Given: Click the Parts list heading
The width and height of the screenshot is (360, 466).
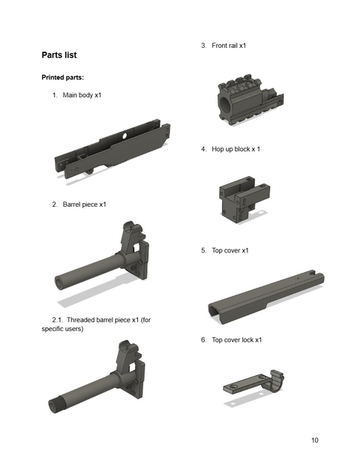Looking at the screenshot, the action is point(59,55).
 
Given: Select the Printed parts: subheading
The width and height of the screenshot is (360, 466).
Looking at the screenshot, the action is point(62,78).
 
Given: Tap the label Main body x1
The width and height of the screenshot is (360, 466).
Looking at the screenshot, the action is point(82,95).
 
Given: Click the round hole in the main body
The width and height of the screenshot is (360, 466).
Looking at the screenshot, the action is point(124,136).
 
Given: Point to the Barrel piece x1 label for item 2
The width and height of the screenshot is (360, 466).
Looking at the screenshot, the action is point(84,205).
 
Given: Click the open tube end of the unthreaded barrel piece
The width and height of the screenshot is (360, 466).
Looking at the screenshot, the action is point(59,282).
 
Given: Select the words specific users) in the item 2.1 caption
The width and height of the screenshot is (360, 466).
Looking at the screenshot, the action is point(62,329).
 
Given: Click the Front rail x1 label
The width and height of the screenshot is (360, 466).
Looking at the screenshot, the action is point(229,46).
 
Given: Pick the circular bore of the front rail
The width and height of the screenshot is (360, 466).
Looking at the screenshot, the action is point(225,104).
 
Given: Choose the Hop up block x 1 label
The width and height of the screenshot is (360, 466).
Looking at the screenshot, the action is point(236,149).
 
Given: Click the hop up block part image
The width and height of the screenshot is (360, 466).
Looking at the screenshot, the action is point(244,199).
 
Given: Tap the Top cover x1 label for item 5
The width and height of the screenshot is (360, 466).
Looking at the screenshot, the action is point(230,250).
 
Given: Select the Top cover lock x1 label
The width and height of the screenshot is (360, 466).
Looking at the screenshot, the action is point(237,339).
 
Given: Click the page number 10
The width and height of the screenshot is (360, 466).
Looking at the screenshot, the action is point(315,440).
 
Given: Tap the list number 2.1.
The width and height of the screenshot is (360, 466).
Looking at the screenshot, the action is point(58,320).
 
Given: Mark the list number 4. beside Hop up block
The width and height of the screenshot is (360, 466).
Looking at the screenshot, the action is point(203,149).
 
